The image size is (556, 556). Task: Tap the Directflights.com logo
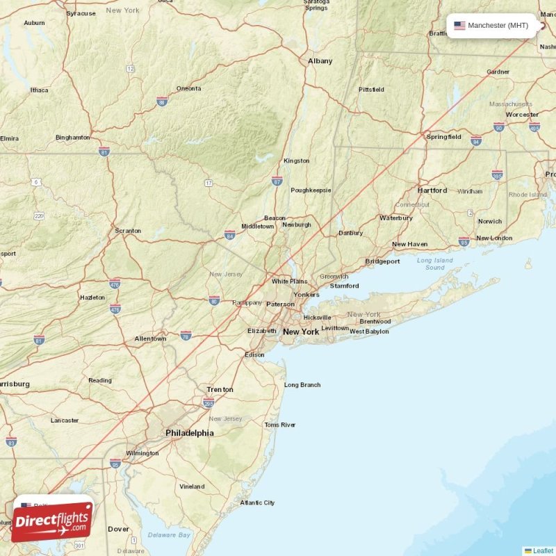pyautogui.click(x=52, y=521)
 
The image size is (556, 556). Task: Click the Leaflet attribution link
pyautogui.click(x=543, y=551)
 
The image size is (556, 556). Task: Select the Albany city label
pyautogui.click(x=320, y=61)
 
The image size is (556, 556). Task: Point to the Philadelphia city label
pyautogui.click(x=189, y=433)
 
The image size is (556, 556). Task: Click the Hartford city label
pyautogui.click(x=432, y=190)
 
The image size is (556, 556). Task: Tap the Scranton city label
pyautogui.click(x=128, y=231)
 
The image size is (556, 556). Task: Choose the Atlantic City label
pyautogui.click(x=257, y=502)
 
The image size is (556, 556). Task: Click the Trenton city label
pyautogui.click(x=220, y=390)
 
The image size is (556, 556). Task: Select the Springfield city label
pyautogui.click(x=443, y=137)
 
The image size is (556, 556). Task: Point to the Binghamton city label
pyautogui.click(x=72, y=138)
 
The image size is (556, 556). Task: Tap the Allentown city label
pyautogui.click(x=150, y=338)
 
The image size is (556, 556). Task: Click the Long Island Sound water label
pyautogui.click(x=434, y=264)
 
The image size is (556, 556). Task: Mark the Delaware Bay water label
pyautogui.click(x=169, y=535)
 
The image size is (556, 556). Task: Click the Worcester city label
pyautogui.click(x=522, y=115)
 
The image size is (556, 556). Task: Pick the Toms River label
pyautogui.click(x=279, y=425)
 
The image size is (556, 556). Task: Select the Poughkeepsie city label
pyautogui.click(x=311, y=190)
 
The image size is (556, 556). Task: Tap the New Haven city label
pyautogui.click(x=409, y=245)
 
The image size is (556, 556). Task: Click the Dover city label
pyautogui.click(x=118, y=529)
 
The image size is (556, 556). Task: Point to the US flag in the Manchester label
pyautogui.click(x=459, y=26)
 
